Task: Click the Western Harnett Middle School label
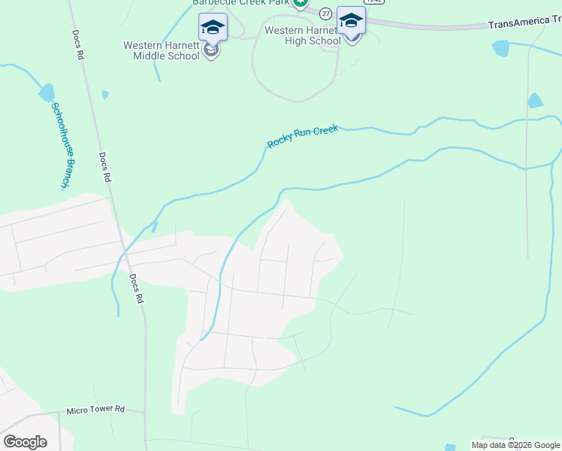click(x=162, y=50)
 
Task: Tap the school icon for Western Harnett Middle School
click(x=213, y=29)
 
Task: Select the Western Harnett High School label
click(x=303, y=36)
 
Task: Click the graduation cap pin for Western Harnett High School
click(x=351, y=21)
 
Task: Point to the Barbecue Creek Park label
click(x=240, y=3)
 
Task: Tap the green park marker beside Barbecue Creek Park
click(x=301, y=3)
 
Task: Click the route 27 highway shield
click(x=325, y=14)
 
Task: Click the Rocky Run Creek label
click(x=303, y=136)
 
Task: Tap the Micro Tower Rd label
click(x=95, y=410)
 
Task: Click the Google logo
click(x=25, y=442)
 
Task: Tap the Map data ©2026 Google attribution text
click(x=515, y=445)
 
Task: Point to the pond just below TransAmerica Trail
click(x=501, y=48)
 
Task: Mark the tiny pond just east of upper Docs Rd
click(x=106, y=95)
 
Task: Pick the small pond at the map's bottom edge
click(x=449, y=446)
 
